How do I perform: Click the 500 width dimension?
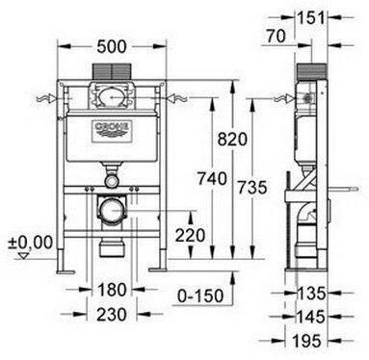[x=112, y=47]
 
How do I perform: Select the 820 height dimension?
[x=232, y=140]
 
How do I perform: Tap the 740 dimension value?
[x=212, y=179]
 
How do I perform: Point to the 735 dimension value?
[x=252, y=188]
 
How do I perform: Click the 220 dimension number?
[x=190, y=235]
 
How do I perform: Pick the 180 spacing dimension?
[x=112, y=290]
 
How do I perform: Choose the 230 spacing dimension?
[x=112, y=315]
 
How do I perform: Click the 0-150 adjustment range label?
[x=200, y=296]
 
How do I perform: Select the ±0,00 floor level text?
[x=31, y=242]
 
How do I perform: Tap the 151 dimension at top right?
[x=311, y=18]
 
